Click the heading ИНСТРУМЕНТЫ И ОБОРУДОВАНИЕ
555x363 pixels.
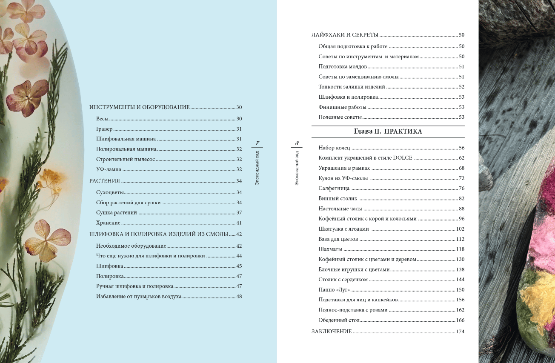pos(139,108)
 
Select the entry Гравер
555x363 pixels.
pos(104,129)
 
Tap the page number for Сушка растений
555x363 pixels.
pos(239,213)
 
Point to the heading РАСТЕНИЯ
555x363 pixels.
pos(105,181)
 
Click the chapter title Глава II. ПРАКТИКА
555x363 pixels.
pos(388,132)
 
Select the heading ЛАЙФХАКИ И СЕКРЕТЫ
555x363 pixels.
pos(345,35)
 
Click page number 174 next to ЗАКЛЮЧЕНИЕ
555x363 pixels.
pos(460,332)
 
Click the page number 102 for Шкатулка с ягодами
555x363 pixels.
pos(460,229)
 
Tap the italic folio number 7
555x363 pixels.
pos(257,143)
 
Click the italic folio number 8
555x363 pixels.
pos(297,143)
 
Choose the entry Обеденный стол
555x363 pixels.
pos(339,320)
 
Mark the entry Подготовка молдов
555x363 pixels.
pos(343,67)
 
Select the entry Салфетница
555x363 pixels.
pos(334,189)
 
